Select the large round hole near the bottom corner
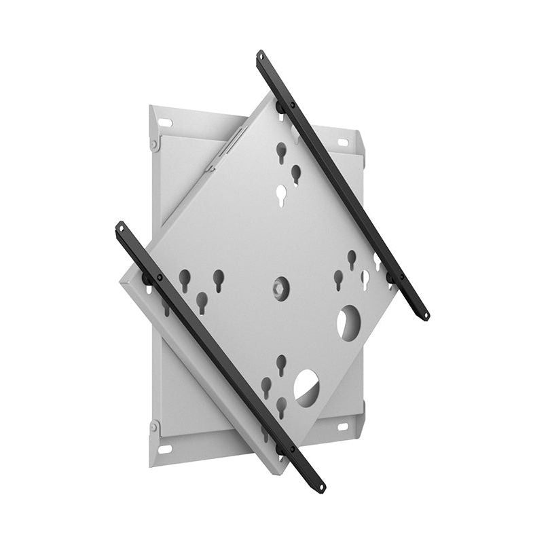[x=306, y=386]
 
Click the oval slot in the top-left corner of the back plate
[x=166, y=123]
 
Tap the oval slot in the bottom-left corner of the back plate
[x=165, y=449]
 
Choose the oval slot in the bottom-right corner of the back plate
[x=342, y=426]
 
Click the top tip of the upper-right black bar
[x=261, y=54]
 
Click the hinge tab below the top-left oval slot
[x=155, y=144]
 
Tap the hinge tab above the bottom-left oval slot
[x=155, y=428]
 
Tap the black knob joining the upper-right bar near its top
[x=280, y=107]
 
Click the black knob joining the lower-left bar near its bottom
[x=280, y=450]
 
